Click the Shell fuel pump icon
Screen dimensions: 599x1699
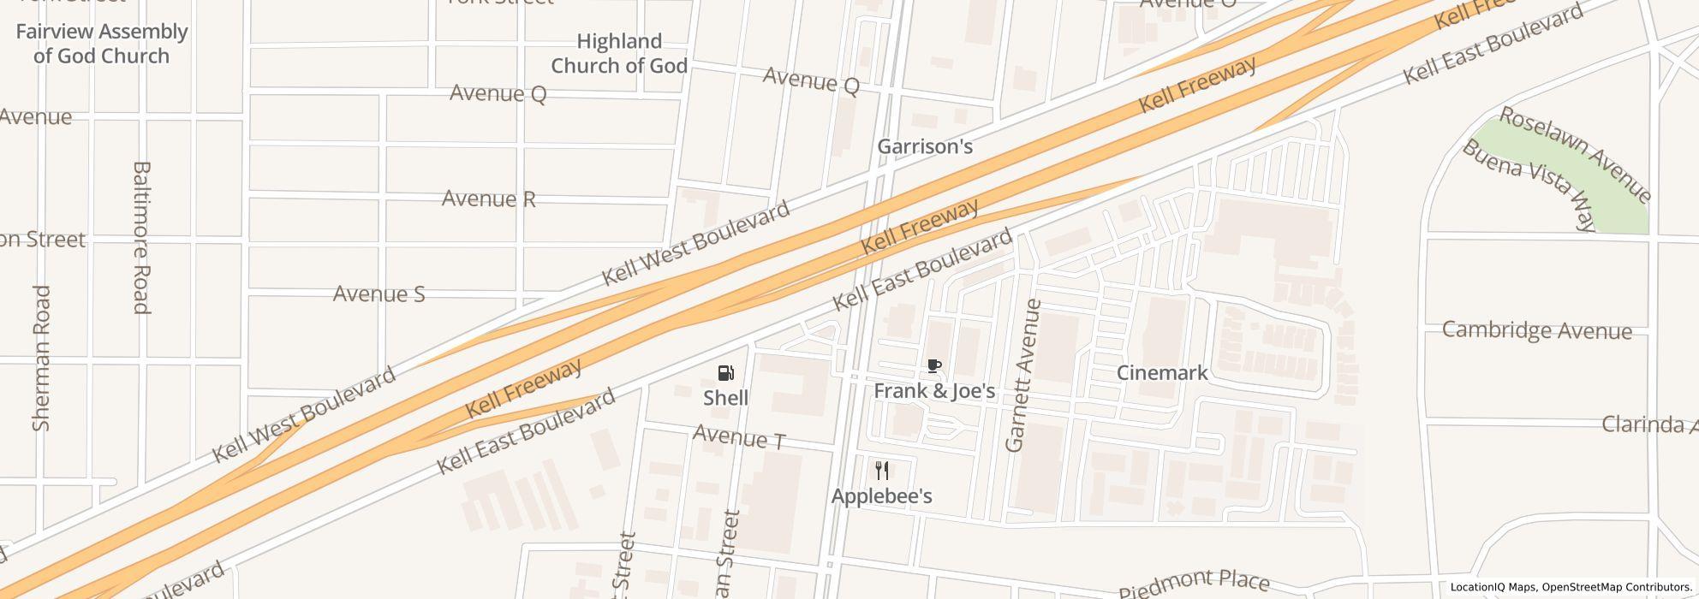[x=725, y=372]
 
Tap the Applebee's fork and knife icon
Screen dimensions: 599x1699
[x=882, y=470]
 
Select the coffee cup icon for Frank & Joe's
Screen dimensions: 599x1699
[x=933, y=366]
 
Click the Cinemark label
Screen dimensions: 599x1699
[x=1162, y=372]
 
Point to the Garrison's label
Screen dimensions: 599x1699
[x=925, y=146]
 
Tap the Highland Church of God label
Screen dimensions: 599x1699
[x=619, y=53]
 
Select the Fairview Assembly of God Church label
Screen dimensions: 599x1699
[x=101, y=44]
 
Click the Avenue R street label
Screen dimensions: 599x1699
[x=488, y=199]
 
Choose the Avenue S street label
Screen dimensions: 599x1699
[x=379, y=294]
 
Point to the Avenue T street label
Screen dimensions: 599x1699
[x=739, y=437]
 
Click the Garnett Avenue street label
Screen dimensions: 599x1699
[x=1024, y=375]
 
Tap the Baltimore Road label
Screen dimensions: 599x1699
[x=141, y=237]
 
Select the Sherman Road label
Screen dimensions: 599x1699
[x=41, y=358]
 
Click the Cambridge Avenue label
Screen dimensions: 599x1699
[x=1536, y=330]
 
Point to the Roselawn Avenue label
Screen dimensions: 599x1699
[x=1574, y=155]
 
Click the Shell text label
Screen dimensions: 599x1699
[x=725, y=398]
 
